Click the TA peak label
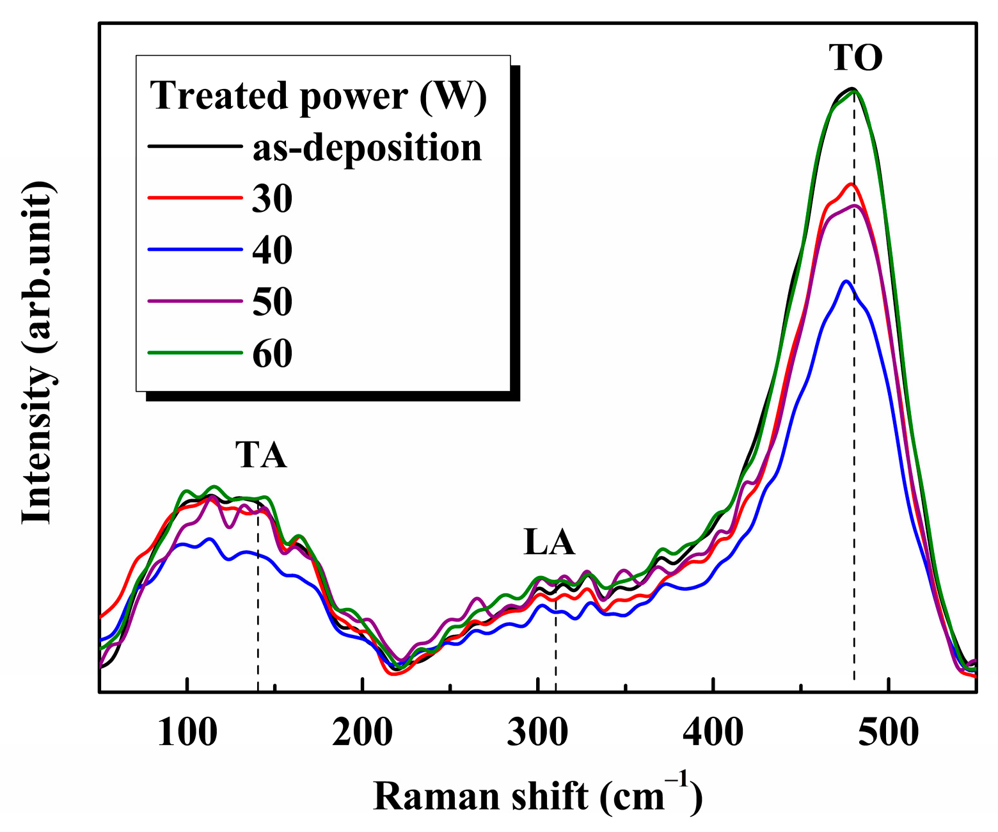pyautogui.click(x=261, y=455)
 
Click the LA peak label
pyautogui.click(x=549, y=542)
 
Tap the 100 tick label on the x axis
pyautogui.click(x=187, y=732)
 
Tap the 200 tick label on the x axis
pyautogui.click(x=362, y=732)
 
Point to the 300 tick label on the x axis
pyautogui.click(x=537, y=732)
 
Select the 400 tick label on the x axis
pyautogui.click(x=713, y=732)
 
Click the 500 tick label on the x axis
pyautogui.click(x=888, y=732)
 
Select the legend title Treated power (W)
pyautogui.click(x=319, y=96)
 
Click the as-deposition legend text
pyautogui.click(x=367, y=148)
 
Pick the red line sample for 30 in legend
pyautogui.click(x=195, y=198)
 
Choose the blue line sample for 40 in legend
pyautogui.click(x=195, y=249)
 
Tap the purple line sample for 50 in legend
pyautogui.click(x=195, y=300)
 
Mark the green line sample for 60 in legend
pyautogui.click(x=195, y=352)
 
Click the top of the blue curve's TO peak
pyautogui.click(x=846, y=281)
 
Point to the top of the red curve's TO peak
pyautogui.click(x=851, y=184)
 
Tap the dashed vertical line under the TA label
pyautogui.click(x=258, y=602)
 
